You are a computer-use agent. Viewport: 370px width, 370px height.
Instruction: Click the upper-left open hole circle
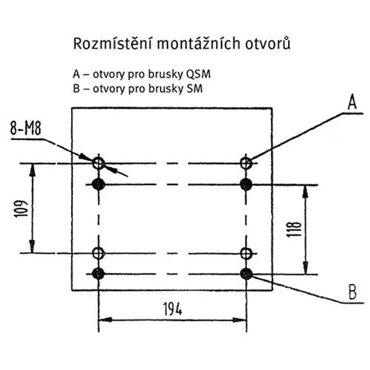pyautogui.click(x=99, y=163)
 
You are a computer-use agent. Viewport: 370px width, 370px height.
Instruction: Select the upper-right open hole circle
pyautogui.click(x=246, y=163)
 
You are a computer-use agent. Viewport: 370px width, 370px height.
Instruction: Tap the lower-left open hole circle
pyautogui.click(x=99, y=253)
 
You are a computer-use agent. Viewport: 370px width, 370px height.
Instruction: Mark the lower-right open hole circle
pyautogui.click(x=246, y=253)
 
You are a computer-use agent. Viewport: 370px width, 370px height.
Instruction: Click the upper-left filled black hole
pyautogui.click(x=99, y=185)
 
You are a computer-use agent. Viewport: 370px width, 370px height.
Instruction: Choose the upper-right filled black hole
pyautogui.click(x=246, y=185)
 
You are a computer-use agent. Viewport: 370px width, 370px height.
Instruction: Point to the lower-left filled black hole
pyautogui.click(x=99, y=274)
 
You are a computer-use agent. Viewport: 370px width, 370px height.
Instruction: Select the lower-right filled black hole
pyautogui.click(x=246, y=274)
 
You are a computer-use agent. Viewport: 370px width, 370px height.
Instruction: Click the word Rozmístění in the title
pyautogui.click(x=111, y=44)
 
